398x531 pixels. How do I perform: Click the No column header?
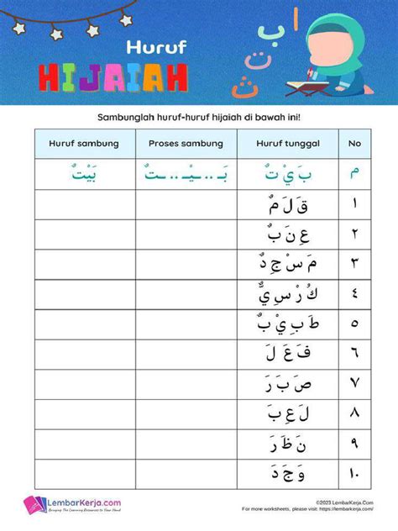tap(353, 144)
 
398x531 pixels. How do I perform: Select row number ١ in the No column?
tap(353, 204)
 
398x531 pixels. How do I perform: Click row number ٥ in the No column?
tap(353, 324)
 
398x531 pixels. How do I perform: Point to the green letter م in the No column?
tap(353, 174)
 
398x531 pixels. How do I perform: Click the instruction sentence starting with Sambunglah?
tap(199, 118)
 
